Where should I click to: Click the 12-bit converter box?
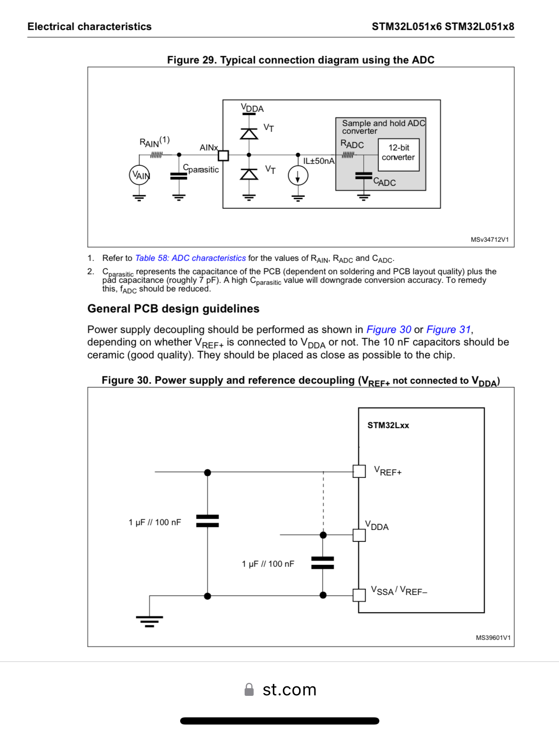tap(398, 155)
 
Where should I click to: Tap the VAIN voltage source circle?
tap(140, 175)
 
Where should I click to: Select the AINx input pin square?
tap(223, 155)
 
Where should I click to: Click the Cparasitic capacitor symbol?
tap(179, 176)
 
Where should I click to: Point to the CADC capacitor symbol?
tap(364, 176)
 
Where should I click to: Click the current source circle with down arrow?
tap(298, 176)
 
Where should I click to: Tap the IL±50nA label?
tap(319, 161)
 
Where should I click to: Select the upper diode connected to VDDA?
tap(248, 133)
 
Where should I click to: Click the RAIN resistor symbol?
tap(156, 155)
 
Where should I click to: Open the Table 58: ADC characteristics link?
tap(190, 258)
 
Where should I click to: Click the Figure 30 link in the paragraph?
tap(388, 330)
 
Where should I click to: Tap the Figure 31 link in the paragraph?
tap(448, 330)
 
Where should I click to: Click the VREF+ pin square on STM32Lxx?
tap(359, 471)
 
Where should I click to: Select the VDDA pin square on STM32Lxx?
tap(359, 535)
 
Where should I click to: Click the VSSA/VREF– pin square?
tap(359, 595)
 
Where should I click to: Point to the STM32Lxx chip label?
tap(388, 425)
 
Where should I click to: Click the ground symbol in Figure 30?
tap(150, 620)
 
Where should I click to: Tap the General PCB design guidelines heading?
tap(173, 309)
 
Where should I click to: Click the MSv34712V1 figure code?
tap(489, 239)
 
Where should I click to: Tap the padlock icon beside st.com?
tap(249, 690)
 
